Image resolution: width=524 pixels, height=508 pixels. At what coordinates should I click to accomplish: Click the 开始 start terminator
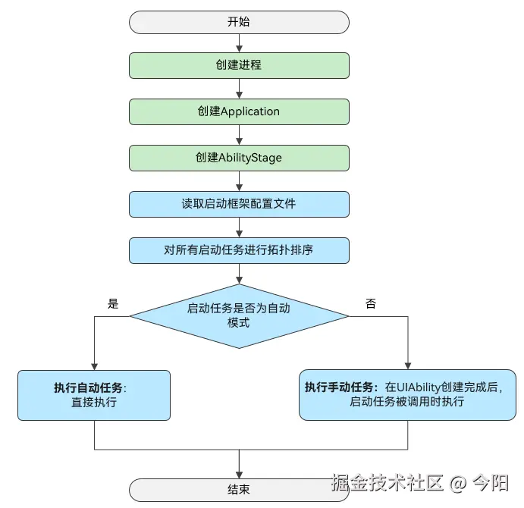click(239, 21)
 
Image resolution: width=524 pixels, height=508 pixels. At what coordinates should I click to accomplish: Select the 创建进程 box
click(239, 65)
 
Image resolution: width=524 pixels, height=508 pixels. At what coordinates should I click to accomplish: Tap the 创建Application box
click(239, 111)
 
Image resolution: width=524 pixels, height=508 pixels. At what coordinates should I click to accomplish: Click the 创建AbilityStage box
click(239, 158)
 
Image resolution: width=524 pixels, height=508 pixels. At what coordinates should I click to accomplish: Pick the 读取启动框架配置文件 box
click(239, 204)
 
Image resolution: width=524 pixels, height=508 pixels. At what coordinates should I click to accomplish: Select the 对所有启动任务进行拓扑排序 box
click(239, 250)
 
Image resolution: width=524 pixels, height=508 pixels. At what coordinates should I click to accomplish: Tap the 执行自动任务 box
click(94, 395)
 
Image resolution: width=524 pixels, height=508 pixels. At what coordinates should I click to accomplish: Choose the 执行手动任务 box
click(408, 395)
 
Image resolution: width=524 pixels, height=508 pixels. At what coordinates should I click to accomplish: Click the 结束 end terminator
click(239, 490)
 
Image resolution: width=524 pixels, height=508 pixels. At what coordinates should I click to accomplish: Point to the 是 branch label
click(114, 304)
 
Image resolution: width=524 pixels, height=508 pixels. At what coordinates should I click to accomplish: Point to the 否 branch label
click(370, 304)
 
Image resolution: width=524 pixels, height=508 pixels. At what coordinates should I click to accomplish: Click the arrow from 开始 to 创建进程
click(239, 43)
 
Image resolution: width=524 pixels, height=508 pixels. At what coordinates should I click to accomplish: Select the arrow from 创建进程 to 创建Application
click(239, 89)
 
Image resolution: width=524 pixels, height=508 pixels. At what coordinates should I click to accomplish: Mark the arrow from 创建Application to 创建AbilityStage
click(239, 135)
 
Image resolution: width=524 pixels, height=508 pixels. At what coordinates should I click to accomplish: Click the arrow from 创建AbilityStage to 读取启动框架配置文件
click(239, 181)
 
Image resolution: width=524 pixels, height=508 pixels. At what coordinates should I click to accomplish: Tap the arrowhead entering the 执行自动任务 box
click(94, 365)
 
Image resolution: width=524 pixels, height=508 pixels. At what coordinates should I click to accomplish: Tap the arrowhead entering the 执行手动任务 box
click(408, 365)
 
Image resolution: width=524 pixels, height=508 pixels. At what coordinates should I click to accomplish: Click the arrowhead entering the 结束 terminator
click(239, 474)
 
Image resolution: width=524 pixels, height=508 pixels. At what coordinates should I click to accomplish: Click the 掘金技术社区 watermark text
click(387, 482)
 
